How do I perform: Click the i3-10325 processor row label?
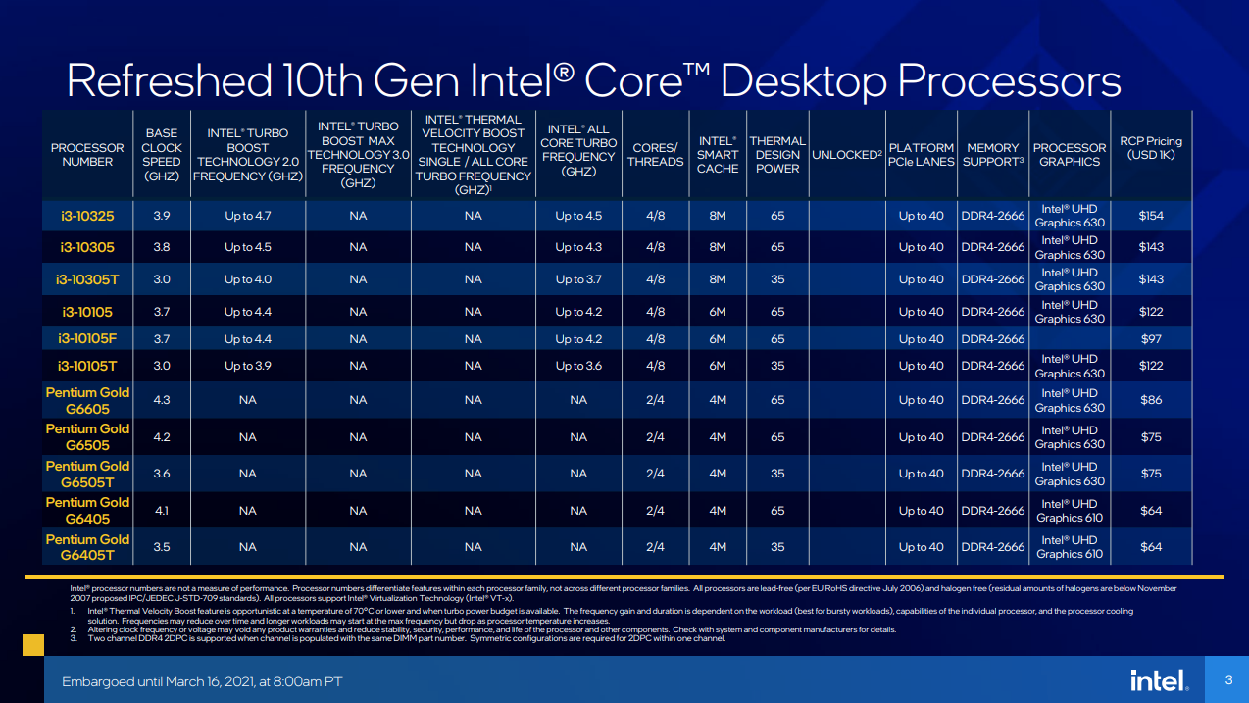point(87,216)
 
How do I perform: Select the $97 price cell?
point(1151,339)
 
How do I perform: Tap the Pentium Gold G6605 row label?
point(87,400)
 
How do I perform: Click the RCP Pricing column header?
point(1151,148)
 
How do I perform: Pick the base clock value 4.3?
point(162,400)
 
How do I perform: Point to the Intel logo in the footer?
point(1158,680)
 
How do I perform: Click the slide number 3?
point(1228,680)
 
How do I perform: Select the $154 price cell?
point(1151,216)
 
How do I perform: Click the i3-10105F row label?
point(87,339)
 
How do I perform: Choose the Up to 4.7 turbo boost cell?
point(247,216)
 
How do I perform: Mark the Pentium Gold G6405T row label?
point(87,547)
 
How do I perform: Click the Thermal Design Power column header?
point(777,155)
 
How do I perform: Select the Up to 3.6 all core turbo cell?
point(578,366)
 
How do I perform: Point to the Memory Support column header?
point(993,155)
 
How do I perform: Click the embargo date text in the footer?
point(202,681)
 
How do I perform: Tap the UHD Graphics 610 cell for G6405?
point(1070,511)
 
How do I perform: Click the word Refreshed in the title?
point(166,80)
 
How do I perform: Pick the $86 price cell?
point(1151,400)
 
